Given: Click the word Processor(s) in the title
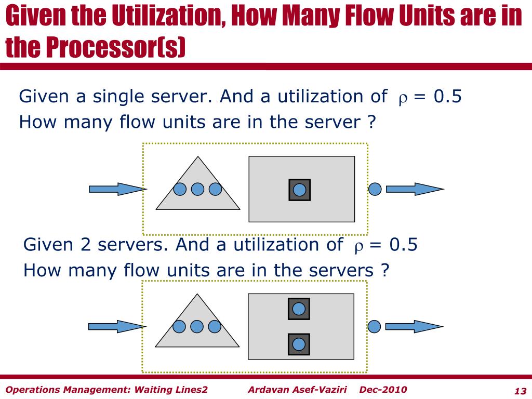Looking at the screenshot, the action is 115,48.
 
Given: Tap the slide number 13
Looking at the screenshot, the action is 520,391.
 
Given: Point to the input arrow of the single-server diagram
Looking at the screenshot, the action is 116,189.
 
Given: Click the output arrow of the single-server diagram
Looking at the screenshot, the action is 414,189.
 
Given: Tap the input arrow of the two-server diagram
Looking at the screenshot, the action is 116,326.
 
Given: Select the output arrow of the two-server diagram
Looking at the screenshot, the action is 414,326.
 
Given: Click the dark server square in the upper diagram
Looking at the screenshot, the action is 299,190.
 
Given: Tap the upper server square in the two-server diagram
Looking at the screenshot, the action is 299,309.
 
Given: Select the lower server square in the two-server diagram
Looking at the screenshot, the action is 299,344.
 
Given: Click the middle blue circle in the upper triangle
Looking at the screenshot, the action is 197,189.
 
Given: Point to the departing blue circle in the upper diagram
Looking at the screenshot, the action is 375,189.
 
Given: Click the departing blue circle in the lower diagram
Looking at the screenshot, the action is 374,326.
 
